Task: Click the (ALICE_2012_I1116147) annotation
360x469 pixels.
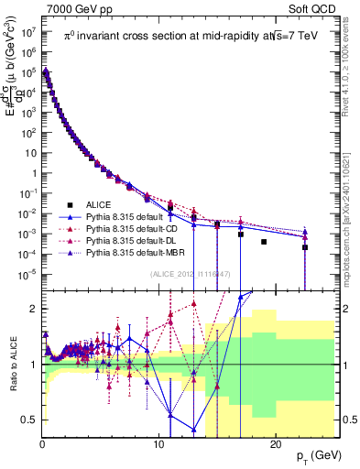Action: [188, 274]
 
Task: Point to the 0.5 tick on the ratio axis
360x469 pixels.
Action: [28, 420]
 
